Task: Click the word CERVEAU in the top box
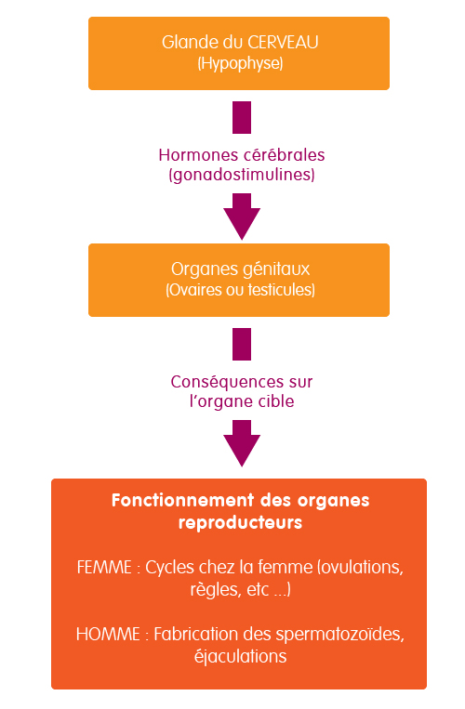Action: [283, 43]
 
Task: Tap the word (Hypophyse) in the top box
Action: [240, 63]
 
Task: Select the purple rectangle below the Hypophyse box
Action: [242, 118]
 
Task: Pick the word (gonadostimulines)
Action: [242, 175]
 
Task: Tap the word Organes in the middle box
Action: [198, 270]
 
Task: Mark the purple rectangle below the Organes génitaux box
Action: [242, 344]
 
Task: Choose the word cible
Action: [276, 401]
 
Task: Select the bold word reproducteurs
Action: [240, 523]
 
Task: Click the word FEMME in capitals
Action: [104, 568]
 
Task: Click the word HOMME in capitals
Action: [108, 635]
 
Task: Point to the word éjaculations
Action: [240, 657]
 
